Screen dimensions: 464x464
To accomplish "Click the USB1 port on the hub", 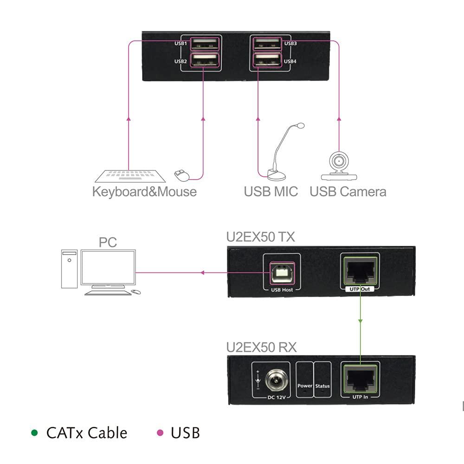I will (205, 44).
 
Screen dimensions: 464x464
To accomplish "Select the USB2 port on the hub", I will (205, 60).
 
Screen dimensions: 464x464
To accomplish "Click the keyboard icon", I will (130, 176).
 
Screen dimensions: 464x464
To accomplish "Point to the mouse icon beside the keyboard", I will (181, 175).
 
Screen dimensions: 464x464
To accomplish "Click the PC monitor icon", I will (108, 268).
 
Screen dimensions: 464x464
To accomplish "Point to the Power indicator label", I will (305, 386).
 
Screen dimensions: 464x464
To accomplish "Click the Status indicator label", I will (322, 386).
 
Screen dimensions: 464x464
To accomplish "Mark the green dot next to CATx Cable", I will (34, 433).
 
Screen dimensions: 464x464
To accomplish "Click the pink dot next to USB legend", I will (160, 433).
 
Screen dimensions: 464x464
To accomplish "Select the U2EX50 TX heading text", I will (260, 237).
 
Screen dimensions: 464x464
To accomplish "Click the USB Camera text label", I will (348, 191).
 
